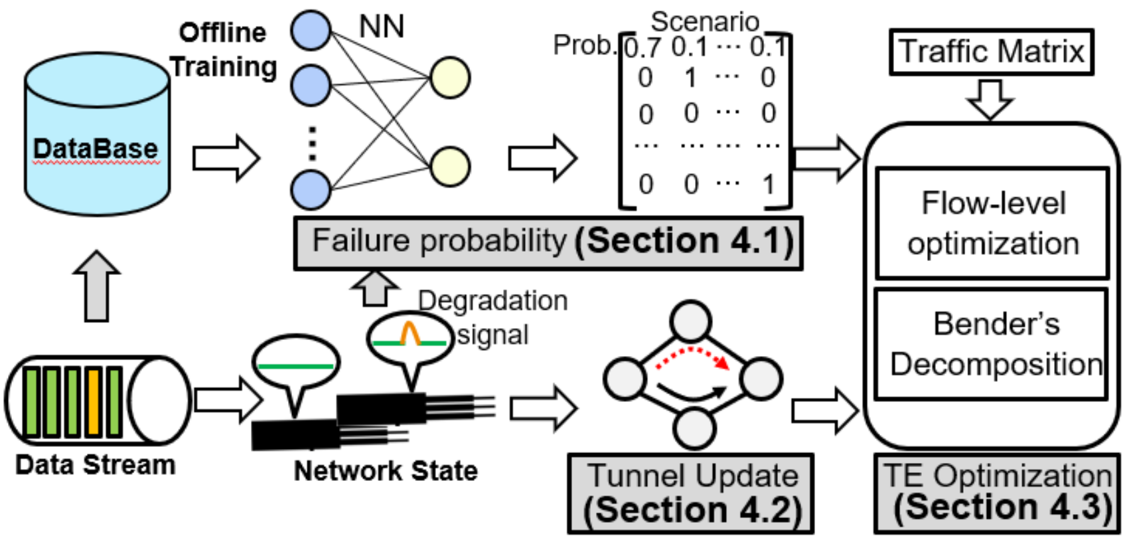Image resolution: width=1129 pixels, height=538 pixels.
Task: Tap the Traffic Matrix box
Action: (991, 52)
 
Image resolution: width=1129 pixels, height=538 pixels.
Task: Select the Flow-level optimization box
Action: (993, 223)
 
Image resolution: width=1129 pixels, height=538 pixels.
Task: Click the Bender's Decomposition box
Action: (993, 343)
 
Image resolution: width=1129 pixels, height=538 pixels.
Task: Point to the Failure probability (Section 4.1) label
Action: (548, 242)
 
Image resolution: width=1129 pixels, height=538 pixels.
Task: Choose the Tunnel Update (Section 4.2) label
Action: (691, 493)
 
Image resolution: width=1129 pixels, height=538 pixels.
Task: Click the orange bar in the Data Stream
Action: (94, 402)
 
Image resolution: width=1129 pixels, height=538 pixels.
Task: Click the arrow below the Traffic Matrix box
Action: (990, 98)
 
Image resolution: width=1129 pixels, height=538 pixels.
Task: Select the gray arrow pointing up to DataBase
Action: (97, 286)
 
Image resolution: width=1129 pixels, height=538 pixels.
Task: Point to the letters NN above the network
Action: (381, 27)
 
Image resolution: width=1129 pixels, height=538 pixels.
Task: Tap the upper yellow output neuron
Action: (450, 78)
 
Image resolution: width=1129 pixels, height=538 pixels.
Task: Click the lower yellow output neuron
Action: (450, 166)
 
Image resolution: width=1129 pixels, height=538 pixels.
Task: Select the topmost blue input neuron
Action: (311, 30)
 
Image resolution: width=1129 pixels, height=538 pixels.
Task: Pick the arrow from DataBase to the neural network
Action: (226, 158)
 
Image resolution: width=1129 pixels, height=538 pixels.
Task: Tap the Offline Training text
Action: (223, 50)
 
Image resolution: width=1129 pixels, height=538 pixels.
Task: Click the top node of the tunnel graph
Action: (691, 321)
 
